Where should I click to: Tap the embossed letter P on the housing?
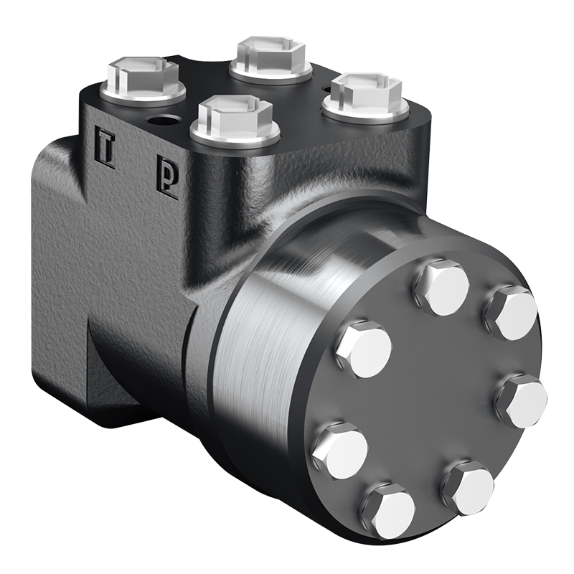pyautogui.click(x=167, y=178)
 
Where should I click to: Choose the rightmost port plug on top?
pyautogui.click(x=366, y=97)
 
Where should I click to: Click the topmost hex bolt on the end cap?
pyautogui.click(x=442, y=286)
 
